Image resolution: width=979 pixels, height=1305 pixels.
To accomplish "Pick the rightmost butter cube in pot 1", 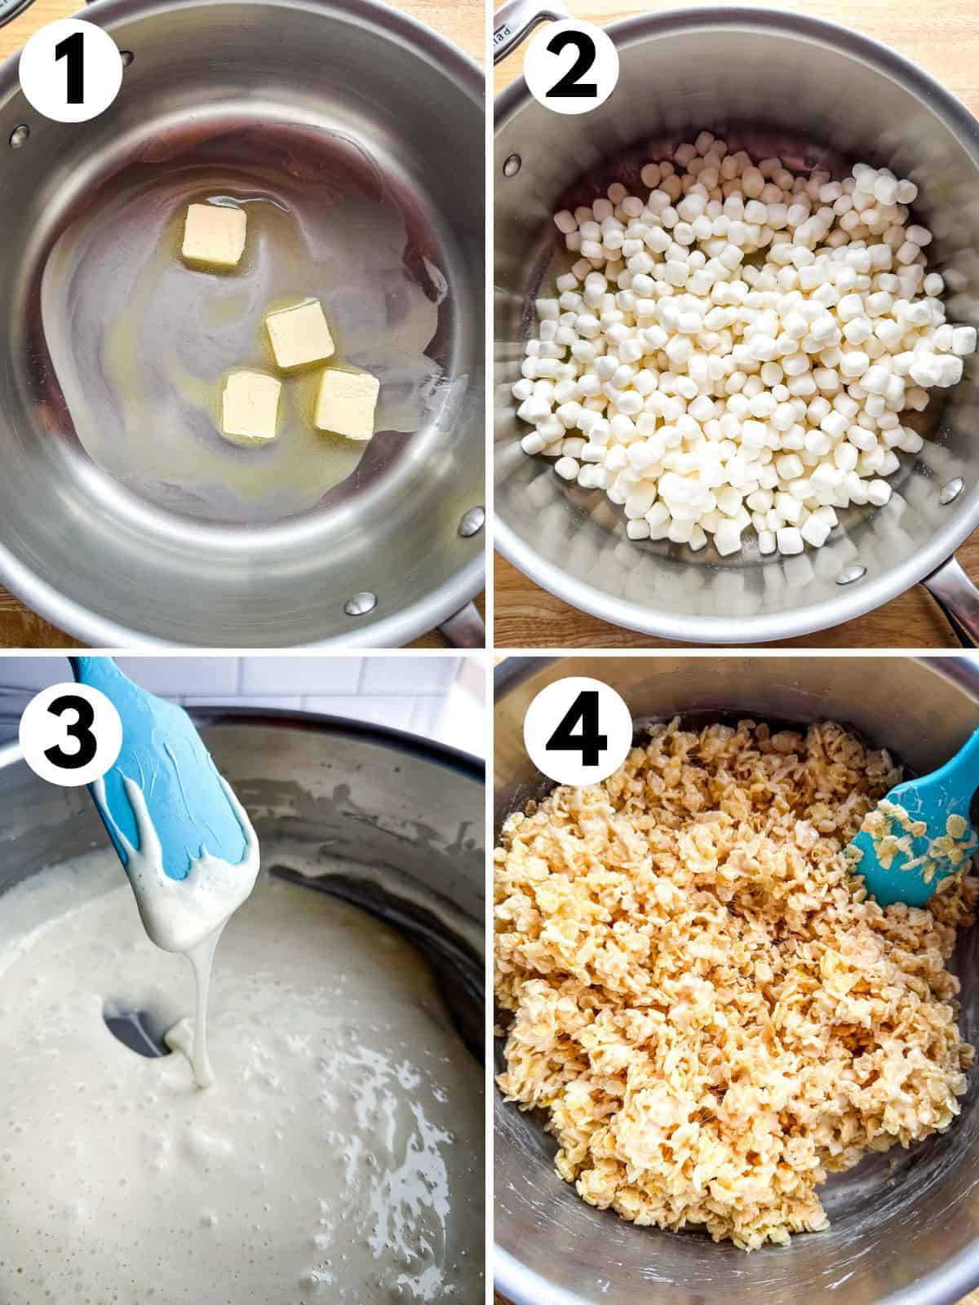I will point(346,399).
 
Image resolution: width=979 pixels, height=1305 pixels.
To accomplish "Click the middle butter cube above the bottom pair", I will point(299,337).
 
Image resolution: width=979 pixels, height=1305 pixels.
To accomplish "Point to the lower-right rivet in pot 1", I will point(357,604).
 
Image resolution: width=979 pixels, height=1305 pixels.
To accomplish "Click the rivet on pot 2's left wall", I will point(514,161).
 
